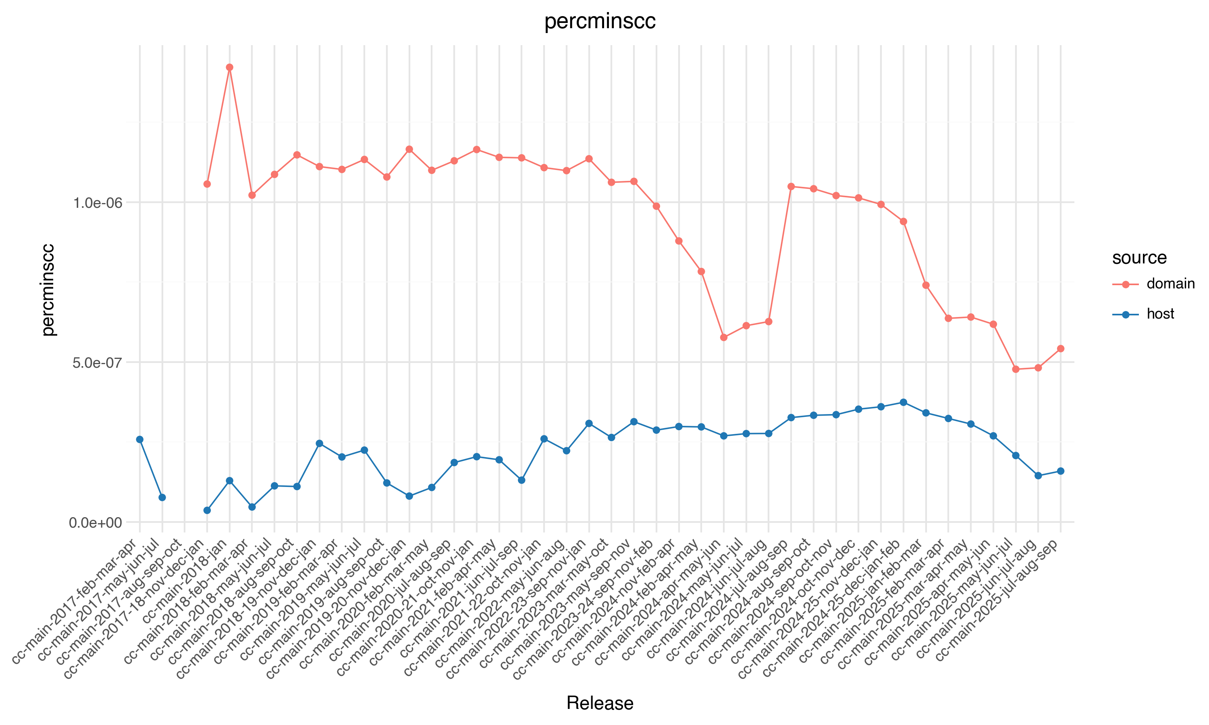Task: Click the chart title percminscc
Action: pyautogui.click(x=600, y=21)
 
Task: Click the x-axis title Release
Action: pyautogui.click(x=600, y=703)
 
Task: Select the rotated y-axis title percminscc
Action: pyautogui.click(x=48, y=290)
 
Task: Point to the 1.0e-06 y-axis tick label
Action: pyautogui.click(x=97, y=202)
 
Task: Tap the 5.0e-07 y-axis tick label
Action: pyautogui.click(x=97, y=362)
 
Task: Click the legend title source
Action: pyautogui.click(x=1139, y=257)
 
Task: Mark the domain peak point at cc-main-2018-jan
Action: pyautogui.click(x=230, y=67)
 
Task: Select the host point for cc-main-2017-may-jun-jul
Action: pyautogui.click(x=162, y=497)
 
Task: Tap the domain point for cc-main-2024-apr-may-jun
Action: pyautogui.click(x=724, y=338)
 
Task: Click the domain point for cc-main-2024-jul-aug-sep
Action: pyautogui.click(x=791, y=186)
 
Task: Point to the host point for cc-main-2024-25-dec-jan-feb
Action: pyautogui.click(x=904, y=402)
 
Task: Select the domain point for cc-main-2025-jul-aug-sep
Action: pyautogui.click(x=1060, y=349)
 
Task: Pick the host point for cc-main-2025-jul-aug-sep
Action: pyautogui.click(x=1060, y=471)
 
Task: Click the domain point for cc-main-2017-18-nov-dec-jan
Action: pyautogui.click(x=207, y=184)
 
